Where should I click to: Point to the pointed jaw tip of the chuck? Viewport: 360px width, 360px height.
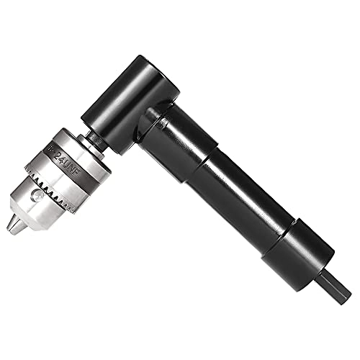click(14, 225)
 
